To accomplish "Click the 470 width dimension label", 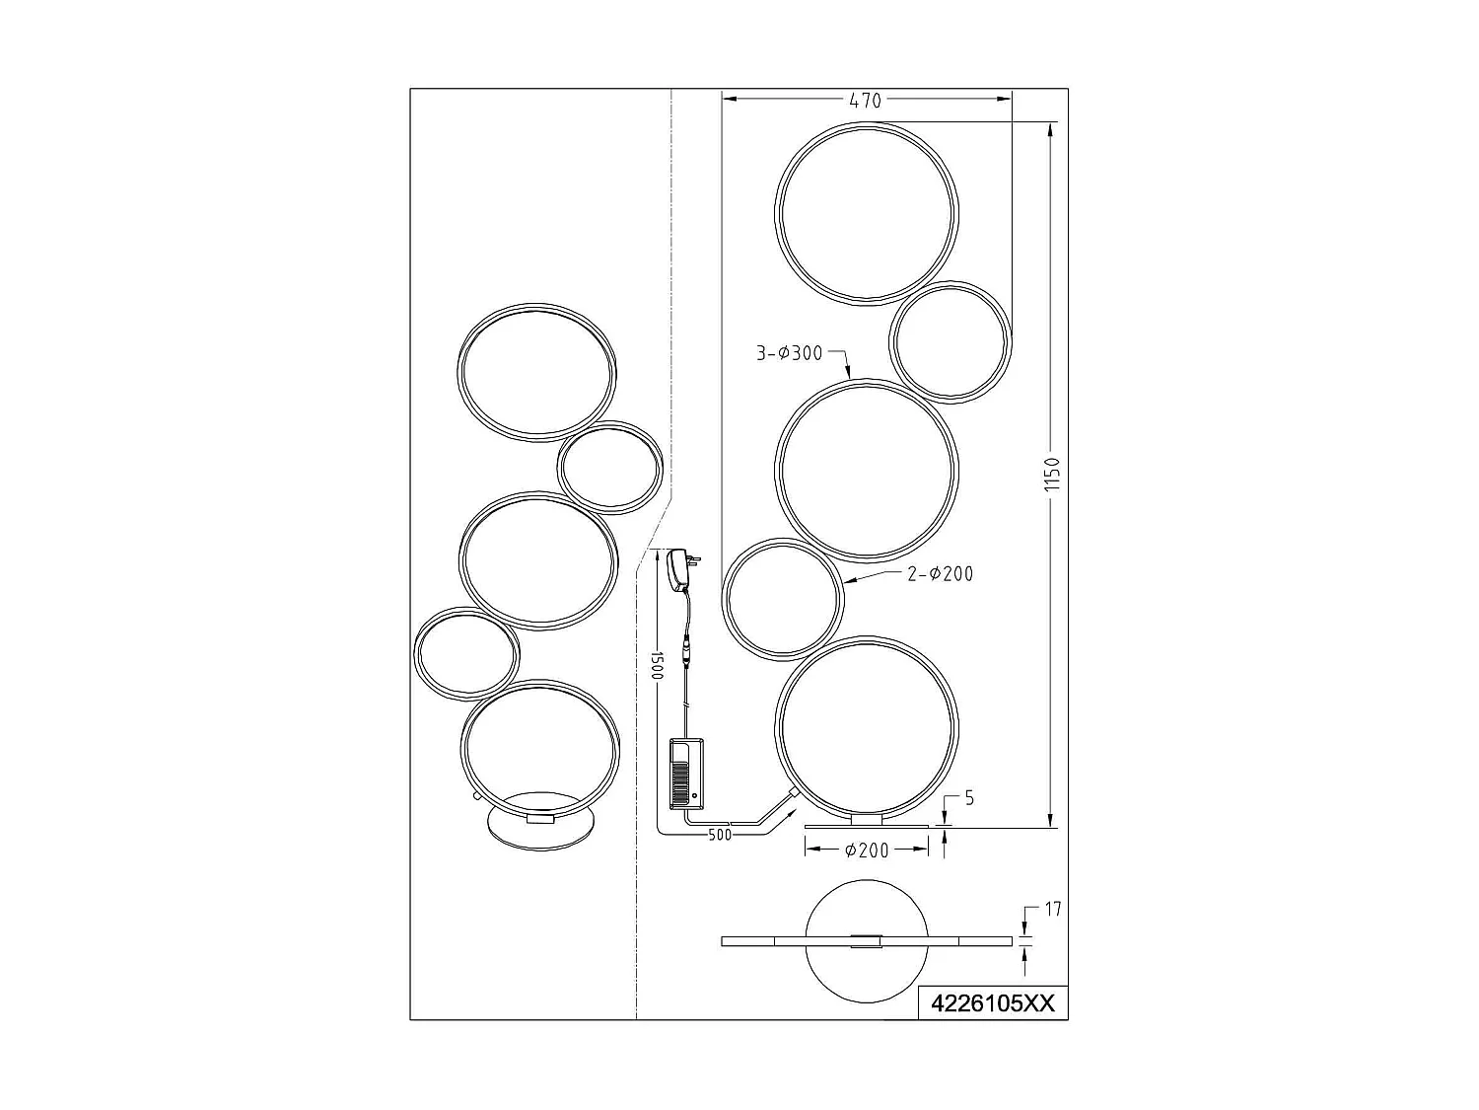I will [866, 100].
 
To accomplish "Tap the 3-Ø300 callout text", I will [789, 353].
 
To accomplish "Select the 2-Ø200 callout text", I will [940, 573].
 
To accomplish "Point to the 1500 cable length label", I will [657, 664].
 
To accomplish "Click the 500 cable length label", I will [722, 836].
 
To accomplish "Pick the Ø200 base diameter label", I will [867, 851].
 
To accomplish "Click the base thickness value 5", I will [969, 798].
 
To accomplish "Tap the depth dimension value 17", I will [1052, 909].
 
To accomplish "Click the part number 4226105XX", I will [992, 1003].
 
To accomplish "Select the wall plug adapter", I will [680, 571].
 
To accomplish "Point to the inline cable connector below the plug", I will [684, 656].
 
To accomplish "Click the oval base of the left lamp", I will [540, 827].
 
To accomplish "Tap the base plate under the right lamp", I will [867, 826].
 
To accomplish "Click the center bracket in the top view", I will [867, 940].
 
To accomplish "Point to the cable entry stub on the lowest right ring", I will [792, 793].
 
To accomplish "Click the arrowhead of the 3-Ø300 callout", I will [850, 376].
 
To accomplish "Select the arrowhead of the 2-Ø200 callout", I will [849, 582].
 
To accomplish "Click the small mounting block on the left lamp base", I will [540, 818].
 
